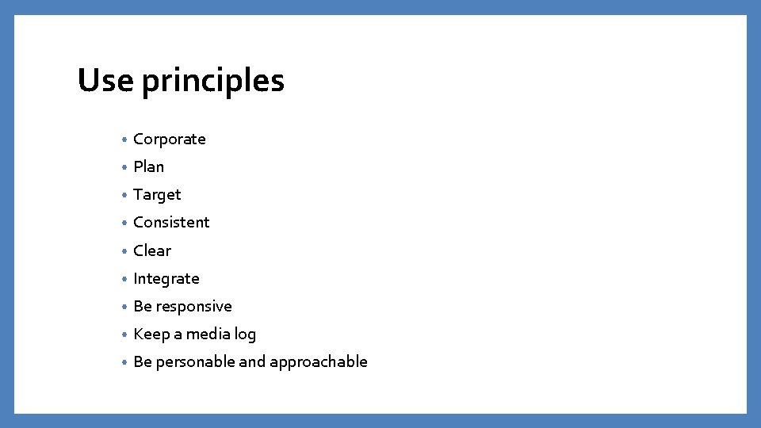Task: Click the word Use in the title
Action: pyautogui.click(x=105, y=80)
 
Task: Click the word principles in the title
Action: pyautogui.click(x=213, y=82)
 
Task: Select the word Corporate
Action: pyautogui.click(x=169, y=139)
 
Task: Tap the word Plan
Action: pyautogui.click(x=148, y=167)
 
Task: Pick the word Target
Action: pyautogui.click(x=157, y=195)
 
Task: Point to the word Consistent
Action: pyautogui.click(x=171, y=223)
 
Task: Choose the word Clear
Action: pyautogui.click(x=151, y=250)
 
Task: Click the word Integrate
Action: pyautogui.click(x=166, y=279)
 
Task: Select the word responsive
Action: pyautogui.click(x=194, y=307)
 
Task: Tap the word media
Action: pyautogui.click(x=208, y=334)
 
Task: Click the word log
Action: pyautogui.click(x=245, y=334)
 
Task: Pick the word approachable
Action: pyautogui.click(x=319, y=362)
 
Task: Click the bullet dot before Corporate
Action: pyautogui.click(x=124, y=140)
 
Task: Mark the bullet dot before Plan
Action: pyautogui.click(x=124, y=168)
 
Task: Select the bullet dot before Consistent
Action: pyautogui.click(x=124, y=224)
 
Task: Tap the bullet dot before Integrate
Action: pyautogui.click(x=124, y=279)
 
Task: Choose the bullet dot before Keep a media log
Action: pyautogui.click(x=124, y=334)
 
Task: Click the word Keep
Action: pyautogui.click(x=151, y=334)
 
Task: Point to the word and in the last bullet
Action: pyautogui.click(x=252, y=361)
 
